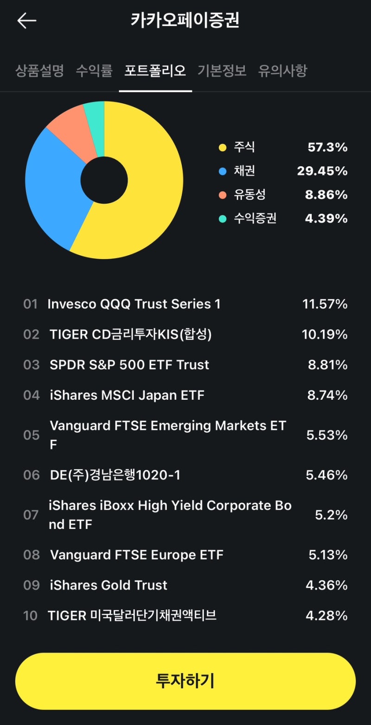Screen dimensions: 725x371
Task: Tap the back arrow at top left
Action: coord(27,21)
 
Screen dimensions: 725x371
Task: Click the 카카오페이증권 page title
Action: coord(185,21)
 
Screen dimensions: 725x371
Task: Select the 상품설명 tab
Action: coord(39,71)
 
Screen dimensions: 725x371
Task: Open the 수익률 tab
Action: coord(94,71)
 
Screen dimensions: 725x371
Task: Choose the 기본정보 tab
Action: coord(222,71)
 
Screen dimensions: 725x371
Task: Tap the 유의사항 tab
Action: coord(282,71)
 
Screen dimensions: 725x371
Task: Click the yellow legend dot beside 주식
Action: coord(223,148)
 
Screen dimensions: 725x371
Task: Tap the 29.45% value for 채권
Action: coord(322,171)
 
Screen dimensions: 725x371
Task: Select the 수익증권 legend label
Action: coord(255,218)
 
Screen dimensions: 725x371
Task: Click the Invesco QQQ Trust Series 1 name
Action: coord(134,304)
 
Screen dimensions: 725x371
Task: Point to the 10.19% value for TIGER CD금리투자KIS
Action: coord(325,334)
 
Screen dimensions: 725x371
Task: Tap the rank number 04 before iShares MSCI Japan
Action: coord(32,396)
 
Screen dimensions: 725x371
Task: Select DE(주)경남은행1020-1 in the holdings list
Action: coord(115,475)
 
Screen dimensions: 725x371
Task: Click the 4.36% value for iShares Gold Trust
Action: coord(326,586)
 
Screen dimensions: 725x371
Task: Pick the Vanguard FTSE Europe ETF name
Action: coord(137,555)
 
